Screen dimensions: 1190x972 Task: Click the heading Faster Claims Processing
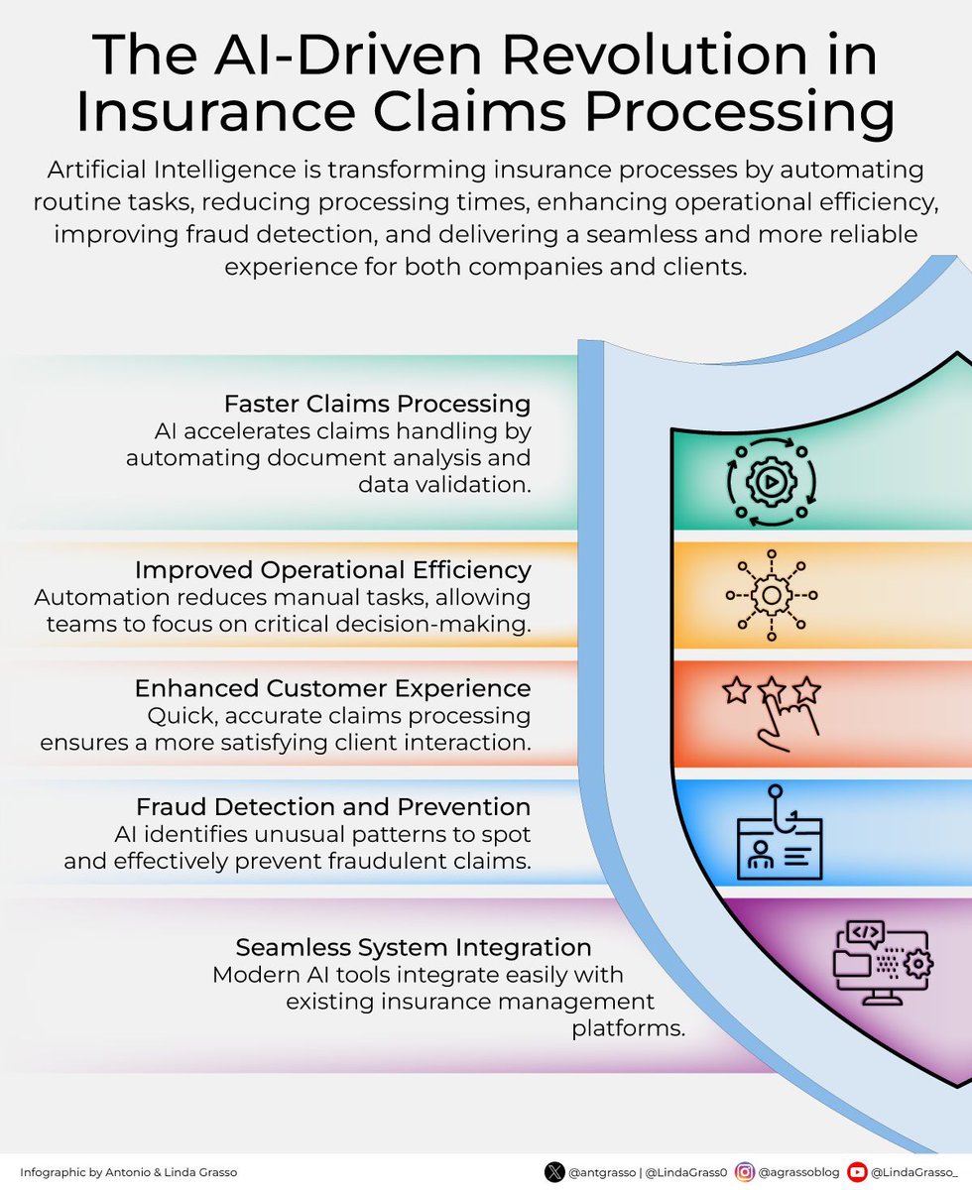coord(377,404)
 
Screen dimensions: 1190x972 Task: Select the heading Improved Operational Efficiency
coord(332,570)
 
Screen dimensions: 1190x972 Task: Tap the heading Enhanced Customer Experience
coord(332,688)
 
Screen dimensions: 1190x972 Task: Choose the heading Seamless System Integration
coord(414,946)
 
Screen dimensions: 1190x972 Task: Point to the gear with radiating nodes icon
coord(771,594)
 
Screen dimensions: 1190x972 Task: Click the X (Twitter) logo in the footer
coord(554,1171)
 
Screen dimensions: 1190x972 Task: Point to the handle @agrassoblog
coord(799,1172)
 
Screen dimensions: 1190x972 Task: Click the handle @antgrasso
coord(601,1172)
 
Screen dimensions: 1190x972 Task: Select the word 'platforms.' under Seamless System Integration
coord(628,1028)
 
